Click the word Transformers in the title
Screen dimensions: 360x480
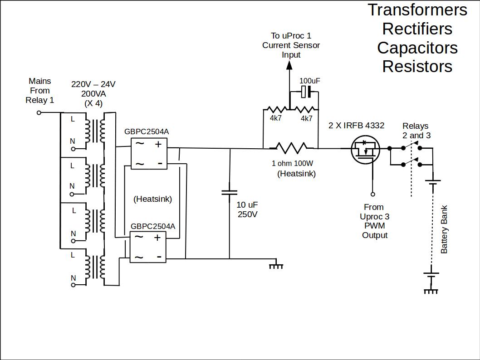[x=417, y=10]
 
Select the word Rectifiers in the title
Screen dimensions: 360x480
[x=417, y=29]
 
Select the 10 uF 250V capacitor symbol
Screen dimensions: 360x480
[x=229, y=193]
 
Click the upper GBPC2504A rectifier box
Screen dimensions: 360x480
[x=149, y=154]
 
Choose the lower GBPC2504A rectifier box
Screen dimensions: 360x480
[x=148, y=247]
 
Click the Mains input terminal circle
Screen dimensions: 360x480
[x=39, y=112]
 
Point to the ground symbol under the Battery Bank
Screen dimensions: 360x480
[x=431, y=290]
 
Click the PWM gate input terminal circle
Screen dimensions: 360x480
[x=373, y=194]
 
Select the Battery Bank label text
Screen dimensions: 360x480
[x=444, y=230]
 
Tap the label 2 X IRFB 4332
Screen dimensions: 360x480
[x=356, y=126]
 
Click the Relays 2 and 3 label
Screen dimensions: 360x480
[x=416, y=131]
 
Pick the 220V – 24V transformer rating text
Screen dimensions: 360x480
[x=93, y=84]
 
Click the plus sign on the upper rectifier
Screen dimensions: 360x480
[x=158, y=145]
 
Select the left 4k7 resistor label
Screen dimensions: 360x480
[x=276, y=118]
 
